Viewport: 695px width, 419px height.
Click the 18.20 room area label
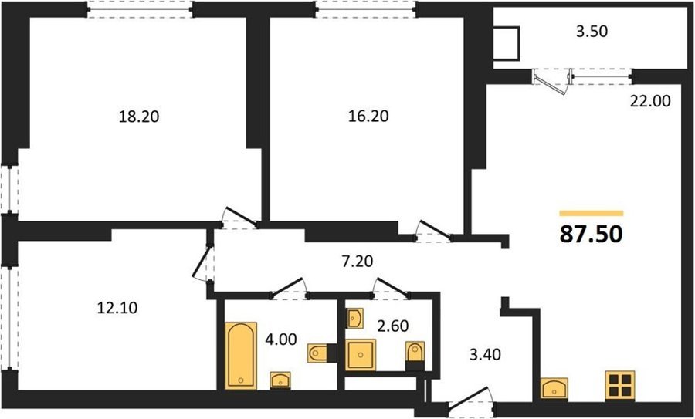(x=139, y=117)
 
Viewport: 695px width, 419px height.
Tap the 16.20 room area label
(x=368, y=116)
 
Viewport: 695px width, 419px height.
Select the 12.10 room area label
(x=117, y=307)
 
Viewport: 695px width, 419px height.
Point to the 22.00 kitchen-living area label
(x=650, y=101)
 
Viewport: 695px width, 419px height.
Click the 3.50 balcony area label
(x=592, y=32)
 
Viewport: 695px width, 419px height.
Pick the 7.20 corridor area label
(x=357, y=262)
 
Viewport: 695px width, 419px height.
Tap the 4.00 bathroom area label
(x=281, y=340)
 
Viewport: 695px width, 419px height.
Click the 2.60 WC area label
(x=393, y=326)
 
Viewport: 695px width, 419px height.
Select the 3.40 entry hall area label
(x=485, y=354)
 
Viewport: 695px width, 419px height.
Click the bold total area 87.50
(x=592, y=235)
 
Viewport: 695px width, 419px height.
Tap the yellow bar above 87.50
(x=592, y=214)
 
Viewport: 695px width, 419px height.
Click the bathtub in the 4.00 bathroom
(x=241, y=356)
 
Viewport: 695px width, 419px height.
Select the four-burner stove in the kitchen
(x=620, y=385)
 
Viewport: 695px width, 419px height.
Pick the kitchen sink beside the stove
(x=554, y=388)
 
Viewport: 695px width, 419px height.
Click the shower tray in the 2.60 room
(x=361, y=355)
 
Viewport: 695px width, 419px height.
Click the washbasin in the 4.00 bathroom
(x=280, y=380)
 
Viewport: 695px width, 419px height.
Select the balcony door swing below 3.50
(x=551, y=83)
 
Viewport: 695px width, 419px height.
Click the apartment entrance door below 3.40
(x=470, y=400)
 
